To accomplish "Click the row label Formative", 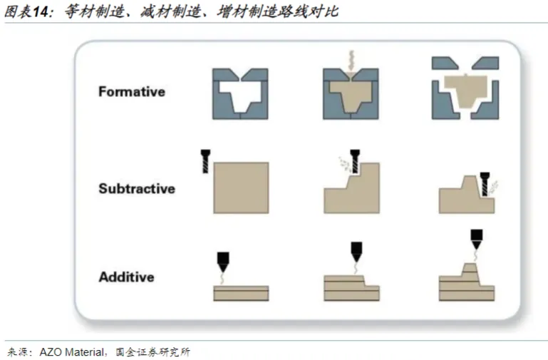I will (x=131, y=92).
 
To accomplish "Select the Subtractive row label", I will (x=136, y=189).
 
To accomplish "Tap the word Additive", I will (x=125, y=277).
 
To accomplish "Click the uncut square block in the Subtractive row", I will (x=241, y=187).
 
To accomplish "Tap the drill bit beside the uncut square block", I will (x=206, y=162).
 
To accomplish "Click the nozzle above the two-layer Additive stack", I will (x=224, y=261).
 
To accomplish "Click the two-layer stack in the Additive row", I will (x=241, y=293).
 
